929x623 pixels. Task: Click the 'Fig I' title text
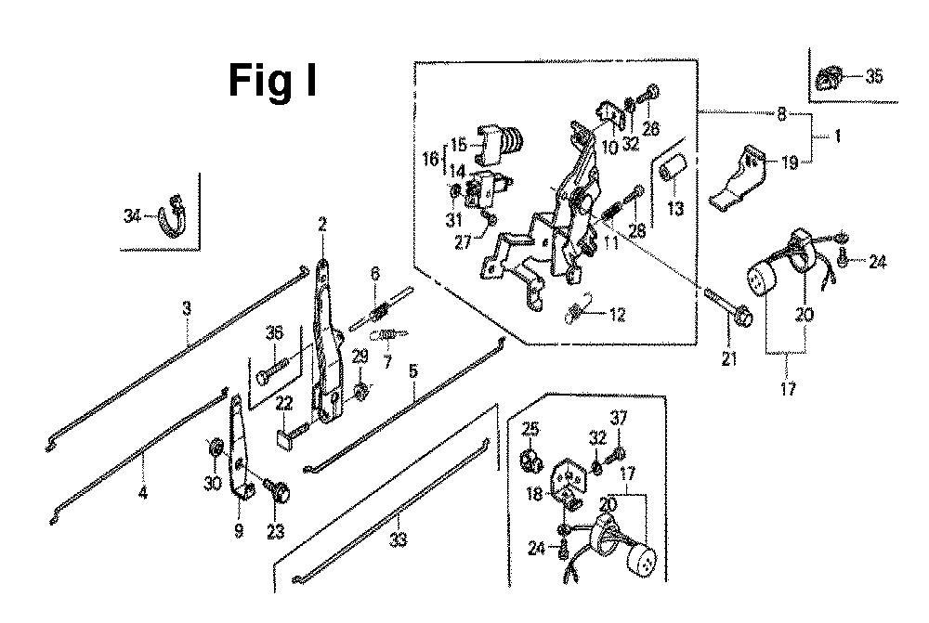(x=272, y=81)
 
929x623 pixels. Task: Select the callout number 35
(x=874, y=77)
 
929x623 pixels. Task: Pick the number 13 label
(x=675, y=210)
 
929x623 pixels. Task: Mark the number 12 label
(x=616, y=315)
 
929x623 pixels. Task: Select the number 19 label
(x=789, y=163)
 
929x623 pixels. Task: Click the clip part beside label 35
(x=828, y=77)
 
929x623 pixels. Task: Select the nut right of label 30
(x=216, y=449)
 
